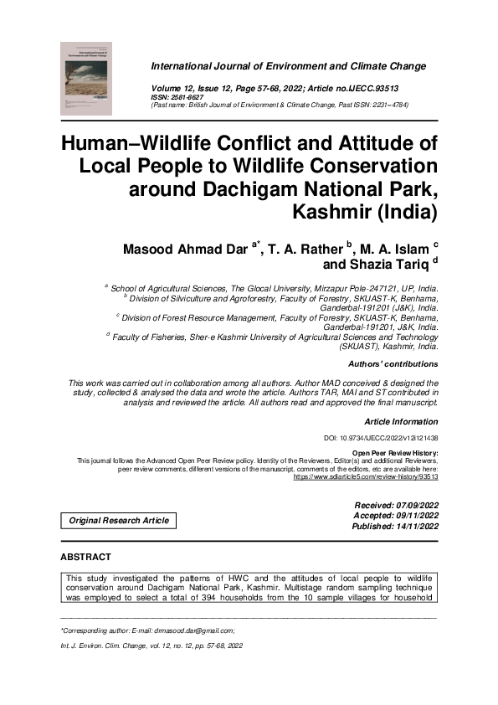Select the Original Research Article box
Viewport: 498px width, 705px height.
(x=119, y=520)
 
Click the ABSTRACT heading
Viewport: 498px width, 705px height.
(x=85, y=557)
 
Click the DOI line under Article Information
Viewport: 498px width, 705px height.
(x=381, y=438)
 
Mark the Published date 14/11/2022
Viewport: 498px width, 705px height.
(x=408, y=527)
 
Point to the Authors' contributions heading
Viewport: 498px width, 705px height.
(x=393, y=364)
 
